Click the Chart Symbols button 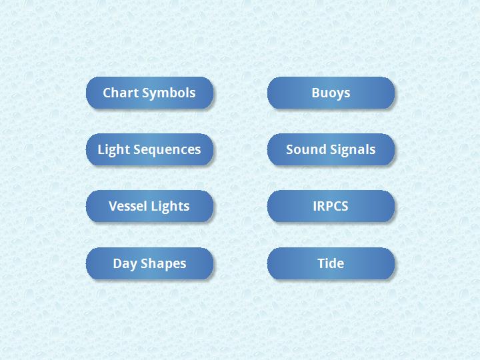tap(149, 93)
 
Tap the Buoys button tap(331, 93)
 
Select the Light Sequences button tap(149, 149)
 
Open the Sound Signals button tap(331, 149)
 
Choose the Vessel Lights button tap(149, 206)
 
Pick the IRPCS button tap(331, 206)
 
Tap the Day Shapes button tap(149, 263)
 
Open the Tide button tap(331, 263)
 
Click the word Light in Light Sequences tap(113, 150)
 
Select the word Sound tap(305, 149)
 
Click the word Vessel tap(127, 206)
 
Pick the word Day tap(125, 264)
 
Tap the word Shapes tap(163, 264)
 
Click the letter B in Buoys tap(315, 93)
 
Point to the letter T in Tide tap(322, 263)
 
